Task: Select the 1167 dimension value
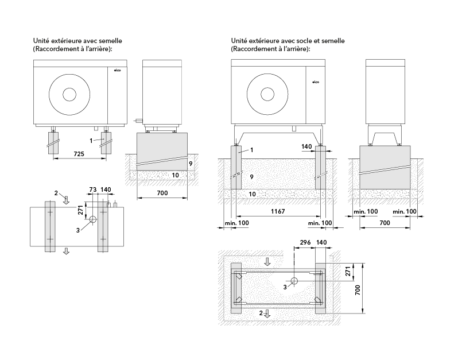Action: coord(278,212)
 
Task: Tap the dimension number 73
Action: coord(92,189)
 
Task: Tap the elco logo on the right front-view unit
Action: coord(315,83)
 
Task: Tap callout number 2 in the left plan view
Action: coord(56,193)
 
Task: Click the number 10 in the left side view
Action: coord(175,175)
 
